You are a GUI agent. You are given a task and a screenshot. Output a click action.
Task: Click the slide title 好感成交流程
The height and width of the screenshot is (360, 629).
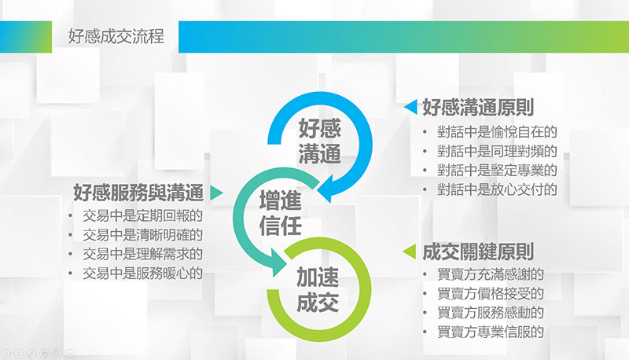(x=116, y=36)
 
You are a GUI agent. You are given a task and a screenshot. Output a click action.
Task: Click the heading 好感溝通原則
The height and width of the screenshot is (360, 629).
(x=478, y=108)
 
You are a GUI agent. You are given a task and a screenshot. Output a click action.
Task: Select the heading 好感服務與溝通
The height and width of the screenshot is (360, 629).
(x=138, y=193)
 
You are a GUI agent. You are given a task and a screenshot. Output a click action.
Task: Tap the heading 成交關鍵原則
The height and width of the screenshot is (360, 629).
(x=478, y=252)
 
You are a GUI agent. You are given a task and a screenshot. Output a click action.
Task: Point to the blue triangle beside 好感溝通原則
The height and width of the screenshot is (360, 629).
(x=410, y=107)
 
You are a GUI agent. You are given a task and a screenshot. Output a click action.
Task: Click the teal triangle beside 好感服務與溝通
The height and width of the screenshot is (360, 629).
(x=216, y=193)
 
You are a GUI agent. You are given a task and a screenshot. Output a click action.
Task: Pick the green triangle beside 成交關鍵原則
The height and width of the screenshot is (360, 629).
(x=409, y=252)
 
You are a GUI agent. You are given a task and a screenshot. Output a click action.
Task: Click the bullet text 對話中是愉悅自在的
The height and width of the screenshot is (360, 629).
(x=497, y=132)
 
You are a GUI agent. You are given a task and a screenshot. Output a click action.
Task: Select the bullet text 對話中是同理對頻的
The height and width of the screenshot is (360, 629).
(x=497, y=151)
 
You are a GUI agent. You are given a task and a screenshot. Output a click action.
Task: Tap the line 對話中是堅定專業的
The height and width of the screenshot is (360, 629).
(x=497, y=171)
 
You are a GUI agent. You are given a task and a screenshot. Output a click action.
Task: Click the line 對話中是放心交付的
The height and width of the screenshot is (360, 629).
(x=497, y=189)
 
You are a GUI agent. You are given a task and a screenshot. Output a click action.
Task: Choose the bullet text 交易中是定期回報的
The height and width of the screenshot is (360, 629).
(x=143, y=215)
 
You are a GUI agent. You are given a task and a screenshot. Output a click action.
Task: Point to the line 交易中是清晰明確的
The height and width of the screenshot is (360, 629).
(x=143, y=235)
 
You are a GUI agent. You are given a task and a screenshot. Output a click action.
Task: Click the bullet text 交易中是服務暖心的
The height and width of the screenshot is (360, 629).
(x=143, y=274)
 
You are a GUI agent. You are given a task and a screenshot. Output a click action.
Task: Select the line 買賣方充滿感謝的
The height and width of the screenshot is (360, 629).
(x=491, y=274)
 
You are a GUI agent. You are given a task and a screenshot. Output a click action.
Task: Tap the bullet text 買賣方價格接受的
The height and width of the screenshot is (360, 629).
(x=491, y=293)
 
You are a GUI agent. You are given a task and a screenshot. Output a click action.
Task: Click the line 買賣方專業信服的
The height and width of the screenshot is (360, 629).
(x=491, y=332)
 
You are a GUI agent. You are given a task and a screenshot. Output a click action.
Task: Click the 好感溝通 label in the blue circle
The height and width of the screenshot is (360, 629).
(x=319, y=141)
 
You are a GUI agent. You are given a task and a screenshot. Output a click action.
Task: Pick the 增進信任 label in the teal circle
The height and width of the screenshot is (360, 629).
(x=280, y=213)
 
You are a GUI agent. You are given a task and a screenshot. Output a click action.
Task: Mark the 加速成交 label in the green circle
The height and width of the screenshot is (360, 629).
(x=318, y=290)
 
